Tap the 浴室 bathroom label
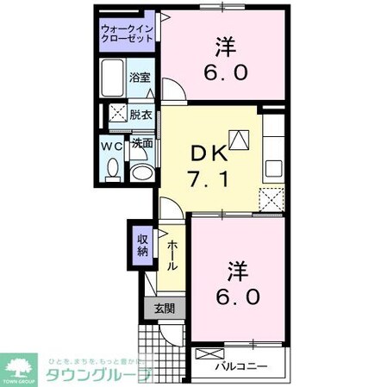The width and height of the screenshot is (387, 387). [140, 78]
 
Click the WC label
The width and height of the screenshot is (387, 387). [112, 146]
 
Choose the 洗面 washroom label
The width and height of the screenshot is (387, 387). [142, 144]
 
